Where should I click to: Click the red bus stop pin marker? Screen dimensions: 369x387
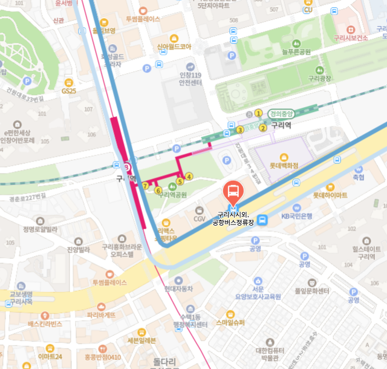click(233, 193)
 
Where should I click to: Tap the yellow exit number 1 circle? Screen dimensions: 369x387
click(258, 113)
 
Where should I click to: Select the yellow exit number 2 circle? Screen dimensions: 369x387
click(262, 128)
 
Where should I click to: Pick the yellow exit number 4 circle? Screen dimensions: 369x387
click(189, 177)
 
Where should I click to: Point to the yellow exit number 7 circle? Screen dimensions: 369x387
click(145, 185)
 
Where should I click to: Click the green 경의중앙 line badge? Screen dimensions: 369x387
click(280, 113)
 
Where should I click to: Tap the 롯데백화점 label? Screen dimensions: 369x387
click(284, 165)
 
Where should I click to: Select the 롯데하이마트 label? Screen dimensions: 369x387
click(330, 195)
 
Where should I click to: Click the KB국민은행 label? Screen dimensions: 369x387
click(296, 216)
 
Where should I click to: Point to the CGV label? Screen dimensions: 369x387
click(200, 218)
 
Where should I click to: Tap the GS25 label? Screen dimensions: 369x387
click(69, 91)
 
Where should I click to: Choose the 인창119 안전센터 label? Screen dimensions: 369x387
click(190, 79)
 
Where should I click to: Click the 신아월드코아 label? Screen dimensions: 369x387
click(174, 46)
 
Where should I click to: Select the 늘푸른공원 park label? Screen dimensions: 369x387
click(297, 52)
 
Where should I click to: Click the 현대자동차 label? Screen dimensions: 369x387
click(178, 289)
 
